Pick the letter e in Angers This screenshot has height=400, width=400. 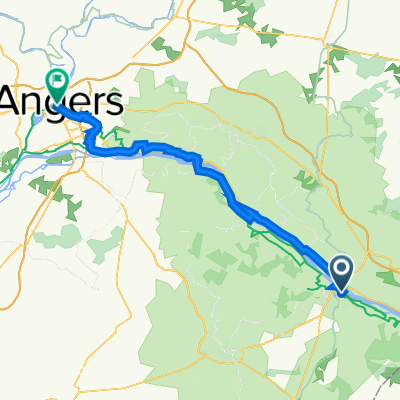[79, 101]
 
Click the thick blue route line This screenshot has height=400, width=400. [220, 185]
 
